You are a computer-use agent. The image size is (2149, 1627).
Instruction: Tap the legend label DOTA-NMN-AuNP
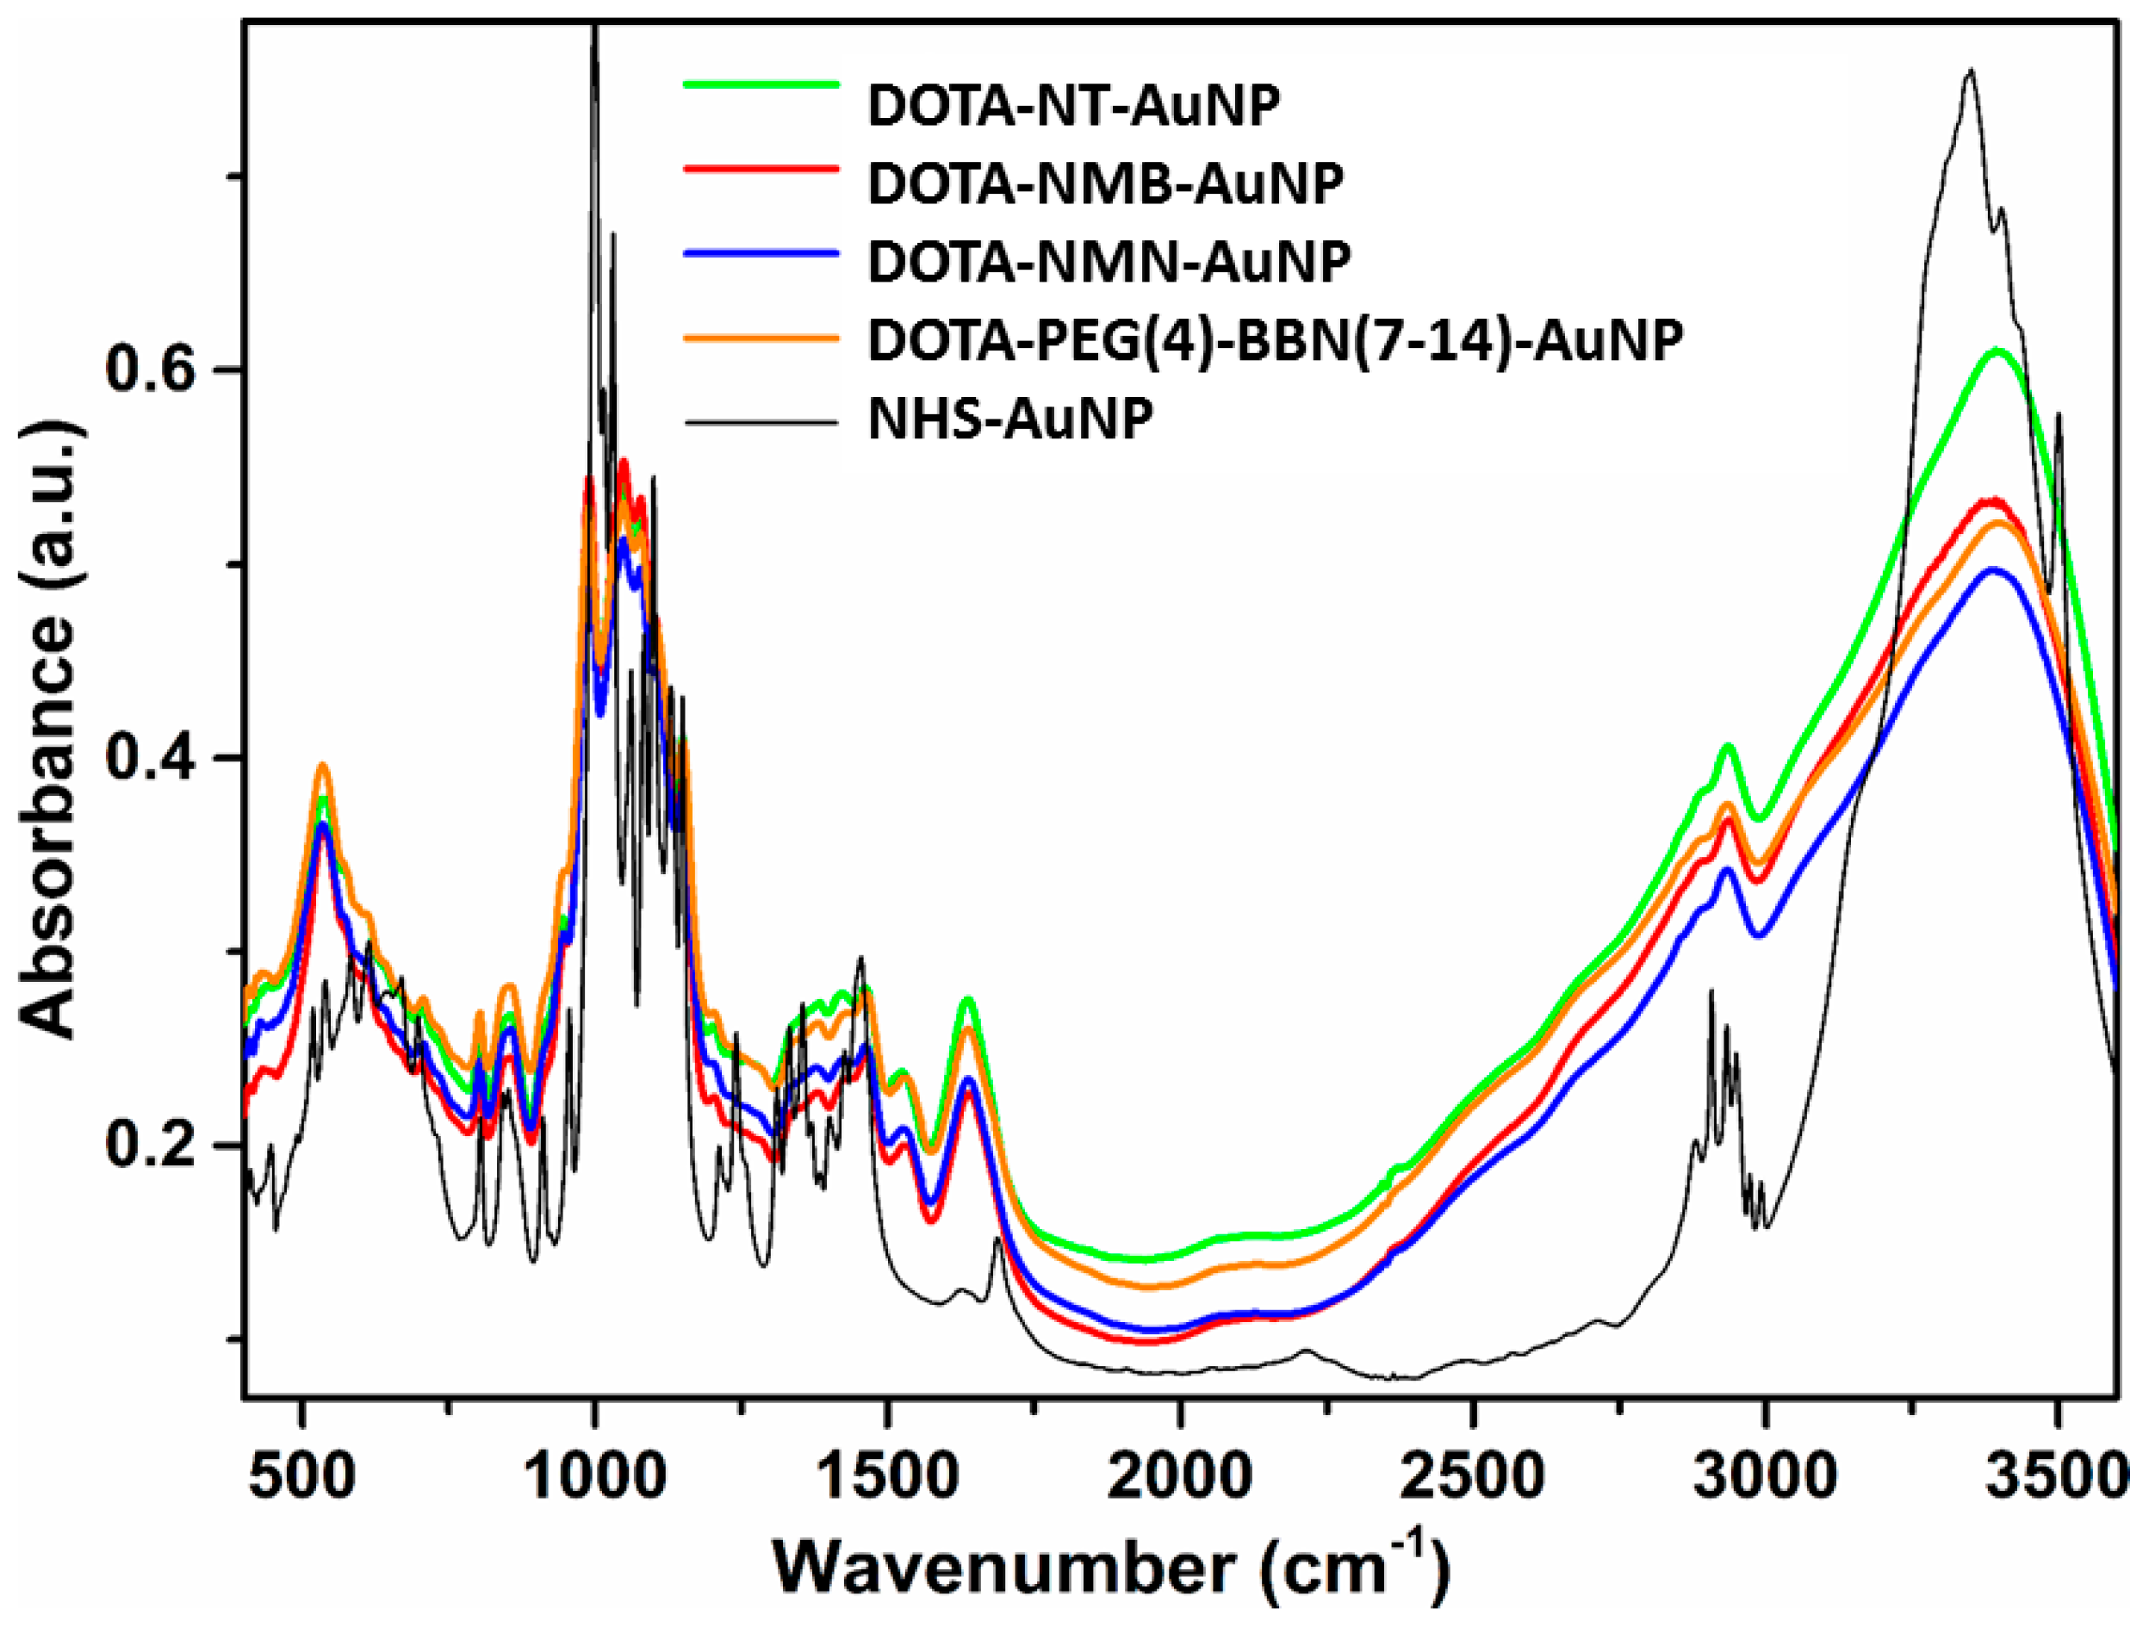tap(1108, 261)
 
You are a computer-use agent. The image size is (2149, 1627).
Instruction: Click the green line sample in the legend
tap(761, 84)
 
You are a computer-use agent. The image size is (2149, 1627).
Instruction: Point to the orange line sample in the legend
tap(761, 337)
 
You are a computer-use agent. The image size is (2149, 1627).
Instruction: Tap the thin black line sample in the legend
tap(761, 421)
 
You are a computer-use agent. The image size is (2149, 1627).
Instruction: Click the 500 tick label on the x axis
tap(304, 1477)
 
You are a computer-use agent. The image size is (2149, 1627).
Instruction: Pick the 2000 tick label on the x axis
tap(1179, 1477)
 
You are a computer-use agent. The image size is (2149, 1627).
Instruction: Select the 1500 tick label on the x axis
tap(886, 1477)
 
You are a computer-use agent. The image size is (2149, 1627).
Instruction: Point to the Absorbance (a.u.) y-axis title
tap(48, 729)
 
